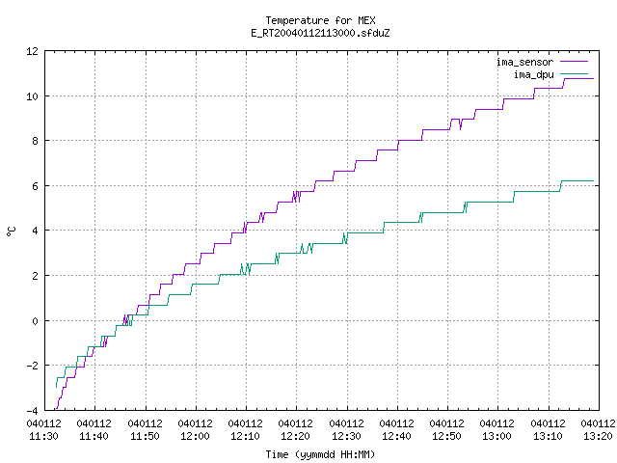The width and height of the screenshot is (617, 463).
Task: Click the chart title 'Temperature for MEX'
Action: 320,20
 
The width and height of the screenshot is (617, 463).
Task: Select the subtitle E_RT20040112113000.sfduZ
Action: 320,33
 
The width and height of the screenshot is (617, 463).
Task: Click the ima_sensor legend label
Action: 524,62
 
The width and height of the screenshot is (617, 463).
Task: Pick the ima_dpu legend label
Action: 533,74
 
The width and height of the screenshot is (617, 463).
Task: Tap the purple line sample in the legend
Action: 575,62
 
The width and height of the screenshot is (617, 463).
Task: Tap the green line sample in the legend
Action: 575,74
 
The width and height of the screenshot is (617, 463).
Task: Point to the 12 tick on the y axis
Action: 32,51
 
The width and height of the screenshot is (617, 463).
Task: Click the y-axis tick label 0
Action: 35,321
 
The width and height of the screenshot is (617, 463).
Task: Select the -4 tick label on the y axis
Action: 32,411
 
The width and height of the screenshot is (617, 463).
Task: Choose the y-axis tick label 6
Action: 35,186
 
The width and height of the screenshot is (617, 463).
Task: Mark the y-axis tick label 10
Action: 32,96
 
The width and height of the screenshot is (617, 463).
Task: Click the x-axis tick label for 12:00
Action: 196,430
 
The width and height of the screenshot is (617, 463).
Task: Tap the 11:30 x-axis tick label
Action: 44,430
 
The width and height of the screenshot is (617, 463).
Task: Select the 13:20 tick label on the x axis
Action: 598,430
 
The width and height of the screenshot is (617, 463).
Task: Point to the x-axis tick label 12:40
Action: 396,430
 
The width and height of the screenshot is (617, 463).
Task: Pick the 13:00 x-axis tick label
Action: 497,430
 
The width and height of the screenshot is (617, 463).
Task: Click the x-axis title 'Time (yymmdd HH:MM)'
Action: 320,454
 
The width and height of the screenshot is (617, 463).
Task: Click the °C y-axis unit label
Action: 12,231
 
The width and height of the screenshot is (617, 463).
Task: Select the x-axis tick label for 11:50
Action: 146,430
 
